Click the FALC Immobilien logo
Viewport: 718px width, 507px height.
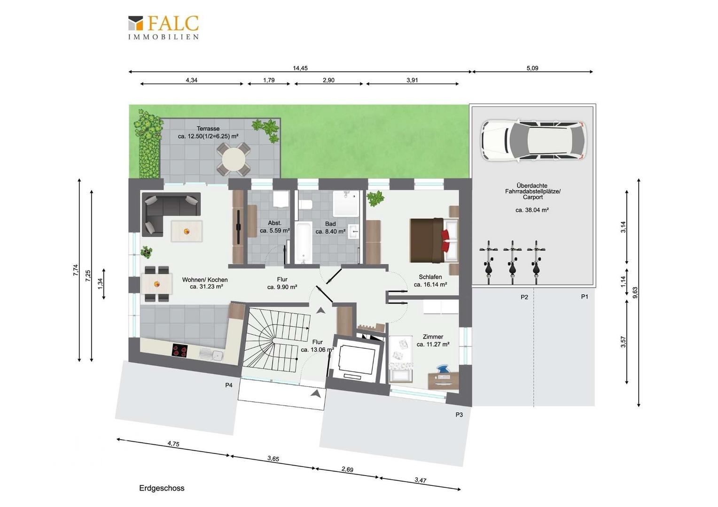[x=164, y=28]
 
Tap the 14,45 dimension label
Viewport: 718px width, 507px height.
[x=300, y=68]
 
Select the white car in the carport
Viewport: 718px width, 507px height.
[x=533, y=140]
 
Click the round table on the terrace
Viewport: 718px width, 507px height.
[x=234, y=159]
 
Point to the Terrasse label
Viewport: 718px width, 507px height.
[x=208, y=129]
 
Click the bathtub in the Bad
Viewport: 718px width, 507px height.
[x=304, y=242]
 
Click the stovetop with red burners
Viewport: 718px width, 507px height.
[x=180, y=350]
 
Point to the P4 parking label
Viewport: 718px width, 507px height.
[x=228, y=385]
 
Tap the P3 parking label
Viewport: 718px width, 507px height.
[x=459, y=415]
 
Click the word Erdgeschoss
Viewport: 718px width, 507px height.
[x=162, y=488]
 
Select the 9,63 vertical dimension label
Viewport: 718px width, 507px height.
[x=635, y=292]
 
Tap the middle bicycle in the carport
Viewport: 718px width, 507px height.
[x=512, y=262]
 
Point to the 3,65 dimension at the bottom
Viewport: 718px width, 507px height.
[x=273, y=458]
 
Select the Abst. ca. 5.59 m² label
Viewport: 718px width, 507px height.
[x=275, y=227]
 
